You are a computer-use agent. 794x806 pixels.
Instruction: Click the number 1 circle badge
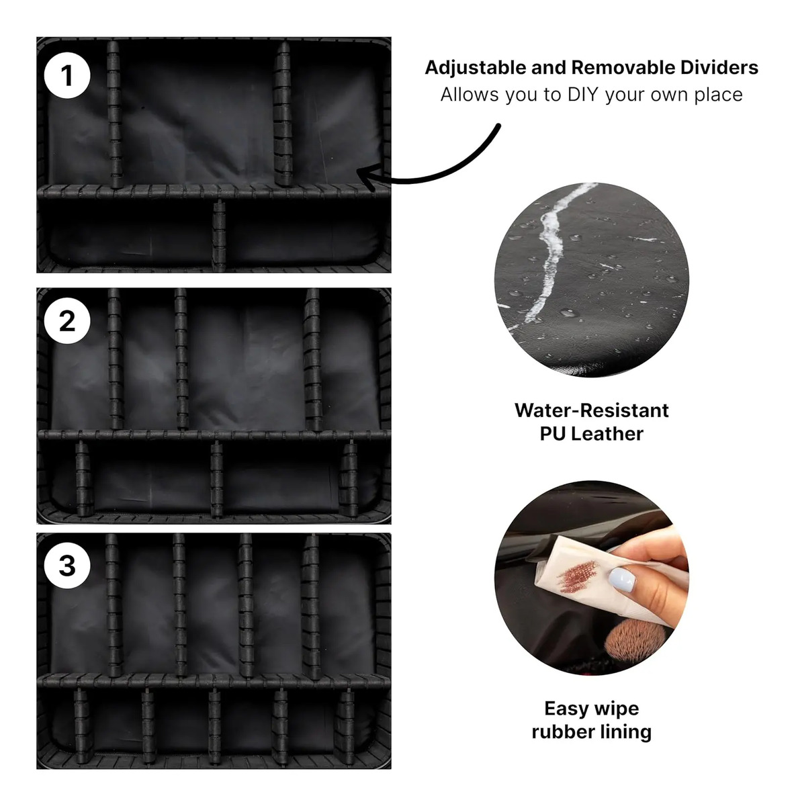(67, 76)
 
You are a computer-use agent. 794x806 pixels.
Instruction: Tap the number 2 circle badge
(67, 321)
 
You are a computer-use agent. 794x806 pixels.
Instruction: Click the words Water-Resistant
(591, 410)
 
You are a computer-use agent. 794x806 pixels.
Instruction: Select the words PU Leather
(591, 434)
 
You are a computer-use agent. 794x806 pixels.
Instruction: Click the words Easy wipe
(591, 709)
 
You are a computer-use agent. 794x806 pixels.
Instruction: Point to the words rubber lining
(591, 732)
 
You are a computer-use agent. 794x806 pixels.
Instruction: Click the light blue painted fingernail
(622, 580)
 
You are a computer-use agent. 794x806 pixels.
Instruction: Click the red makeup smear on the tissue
(579, 576)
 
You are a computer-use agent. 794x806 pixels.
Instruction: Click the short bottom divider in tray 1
(218, 235)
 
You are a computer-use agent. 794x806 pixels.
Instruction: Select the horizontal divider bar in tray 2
(214, 435)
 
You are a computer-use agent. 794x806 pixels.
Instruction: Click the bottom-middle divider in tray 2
(216, 480)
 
